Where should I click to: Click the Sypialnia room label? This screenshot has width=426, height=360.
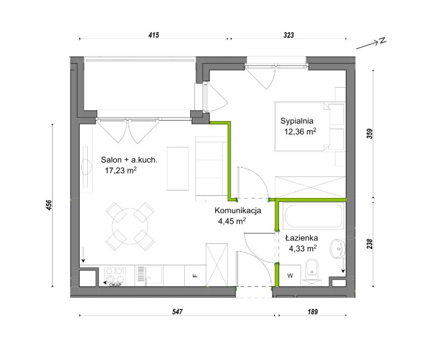pos(297,121)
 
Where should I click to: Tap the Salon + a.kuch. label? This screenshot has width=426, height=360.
pos(129,160)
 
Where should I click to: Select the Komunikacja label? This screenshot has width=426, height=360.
pos(238,210)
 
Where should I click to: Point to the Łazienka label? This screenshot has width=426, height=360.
pos(302,238)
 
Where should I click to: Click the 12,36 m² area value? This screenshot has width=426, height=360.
pos(300,132)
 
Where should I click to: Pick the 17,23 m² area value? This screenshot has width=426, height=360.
pos(121,171)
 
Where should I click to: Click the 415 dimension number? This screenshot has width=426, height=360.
pos(153,35)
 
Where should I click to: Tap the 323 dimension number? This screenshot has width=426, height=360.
pos(289,35)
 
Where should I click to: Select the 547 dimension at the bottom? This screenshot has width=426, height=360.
pos(177,312)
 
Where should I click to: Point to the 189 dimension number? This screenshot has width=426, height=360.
pos(312,312)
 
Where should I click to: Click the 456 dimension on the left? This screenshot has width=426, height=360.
pos(49,205)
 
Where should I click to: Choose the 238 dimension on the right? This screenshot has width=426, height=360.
pos(369,244)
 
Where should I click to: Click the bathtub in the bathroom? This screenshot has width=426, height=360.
pos(313,216)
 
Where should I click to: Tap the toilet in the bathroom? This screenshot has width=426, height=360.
pos(312,272)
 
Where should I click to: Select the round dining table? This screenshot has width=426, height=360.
pos(130,226)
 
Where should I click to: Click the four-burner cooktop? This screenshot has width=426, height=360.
pos(115,276)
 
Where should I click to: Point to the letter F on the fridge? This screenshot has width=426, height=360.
pos(195,276)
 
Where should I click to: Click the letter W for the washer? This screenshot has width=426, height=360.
pos(290,276)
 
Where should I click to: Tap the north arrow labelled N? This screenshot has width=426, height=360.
pos(371,44)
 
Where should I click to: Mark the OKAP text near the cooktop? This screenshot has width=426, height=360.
pos(115,285)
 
